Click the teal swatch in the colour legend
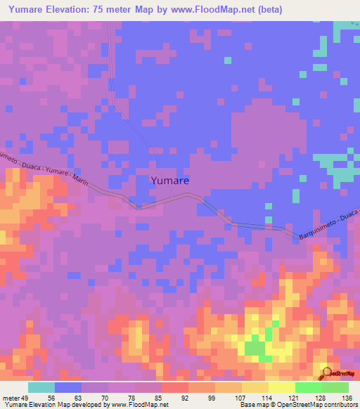[x=41, y=387]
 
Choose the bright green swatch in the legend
[x=308, y=387]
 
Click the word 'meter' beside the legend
[x=10, y=398]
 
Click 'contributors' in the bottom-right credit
[x=338, y=405]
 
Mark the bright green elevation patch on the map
[x=256, y=349]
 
